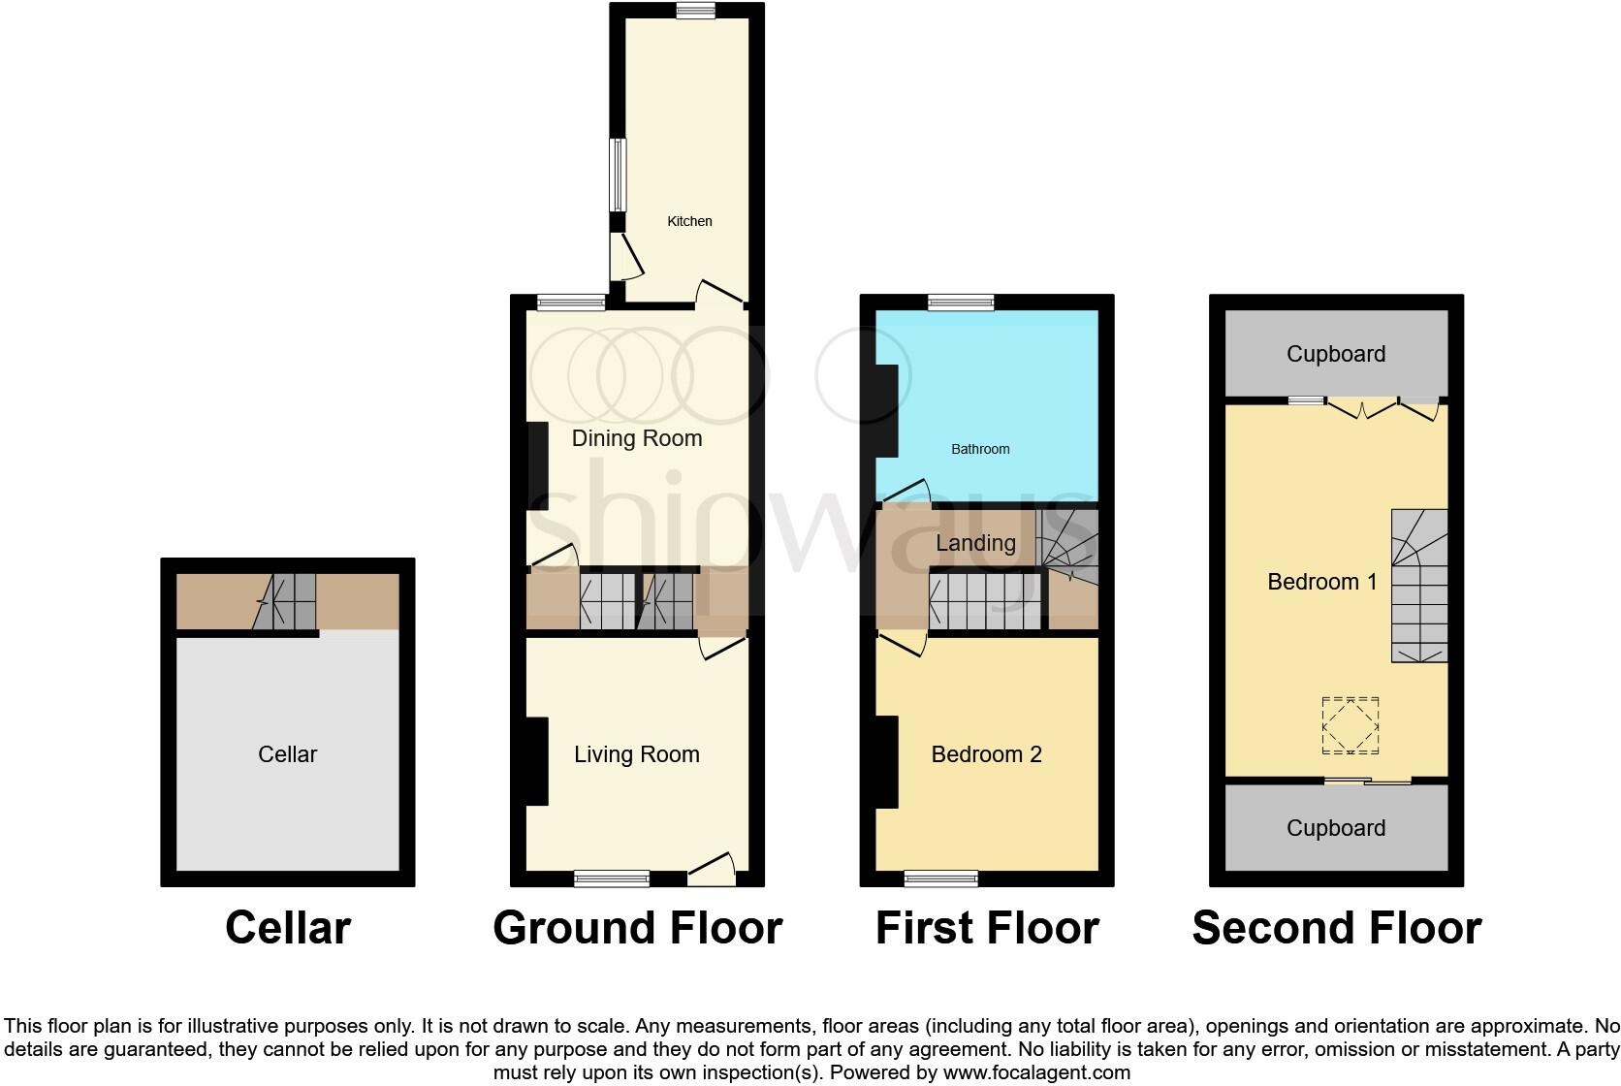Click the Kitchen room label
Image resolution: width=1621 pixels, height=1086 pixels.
689,221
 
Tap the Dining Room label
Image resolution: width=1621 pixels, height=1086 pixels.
637,438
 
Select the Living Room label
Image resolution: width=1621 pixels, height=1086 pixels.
637,754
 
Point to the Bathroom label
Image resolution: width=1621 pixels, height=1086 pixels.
980,449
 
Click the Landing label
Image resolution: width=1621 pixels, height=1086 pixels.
975,543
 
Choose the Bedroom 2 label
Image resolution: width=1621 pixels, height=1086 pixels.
986,754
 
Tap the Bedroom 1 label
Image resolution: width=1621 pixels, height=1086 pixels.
1322,582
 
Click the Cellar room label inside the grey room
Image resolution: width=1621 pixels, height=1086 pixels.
287,754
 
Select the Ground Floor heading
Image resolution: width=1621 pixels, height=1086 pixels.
637,928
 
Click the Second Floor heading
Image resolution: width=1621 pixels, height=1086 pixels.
1336,928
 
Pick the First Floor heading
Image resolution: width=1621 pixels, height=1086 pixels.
986,928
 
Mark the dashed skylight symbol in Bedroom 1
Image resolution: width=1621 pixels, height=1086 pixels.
1351,725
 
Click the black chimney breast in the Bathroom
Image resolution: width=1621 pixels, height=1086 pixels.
886,410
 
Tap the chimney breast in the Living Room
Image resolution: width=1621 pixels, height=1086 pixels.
536,760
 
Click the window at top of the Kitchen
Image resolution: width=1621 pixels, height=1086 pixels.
695,11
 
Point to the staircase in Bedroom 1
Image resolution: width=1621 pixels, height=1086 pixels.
1420,588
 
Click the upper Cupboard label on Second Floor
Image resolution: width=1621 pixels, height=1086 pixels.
1335,354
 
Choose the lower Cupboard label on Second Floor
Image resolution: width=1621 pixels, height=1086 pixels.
1335,828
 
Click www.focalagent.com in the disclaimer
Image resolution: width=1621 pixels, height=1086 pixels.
1036,1072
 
